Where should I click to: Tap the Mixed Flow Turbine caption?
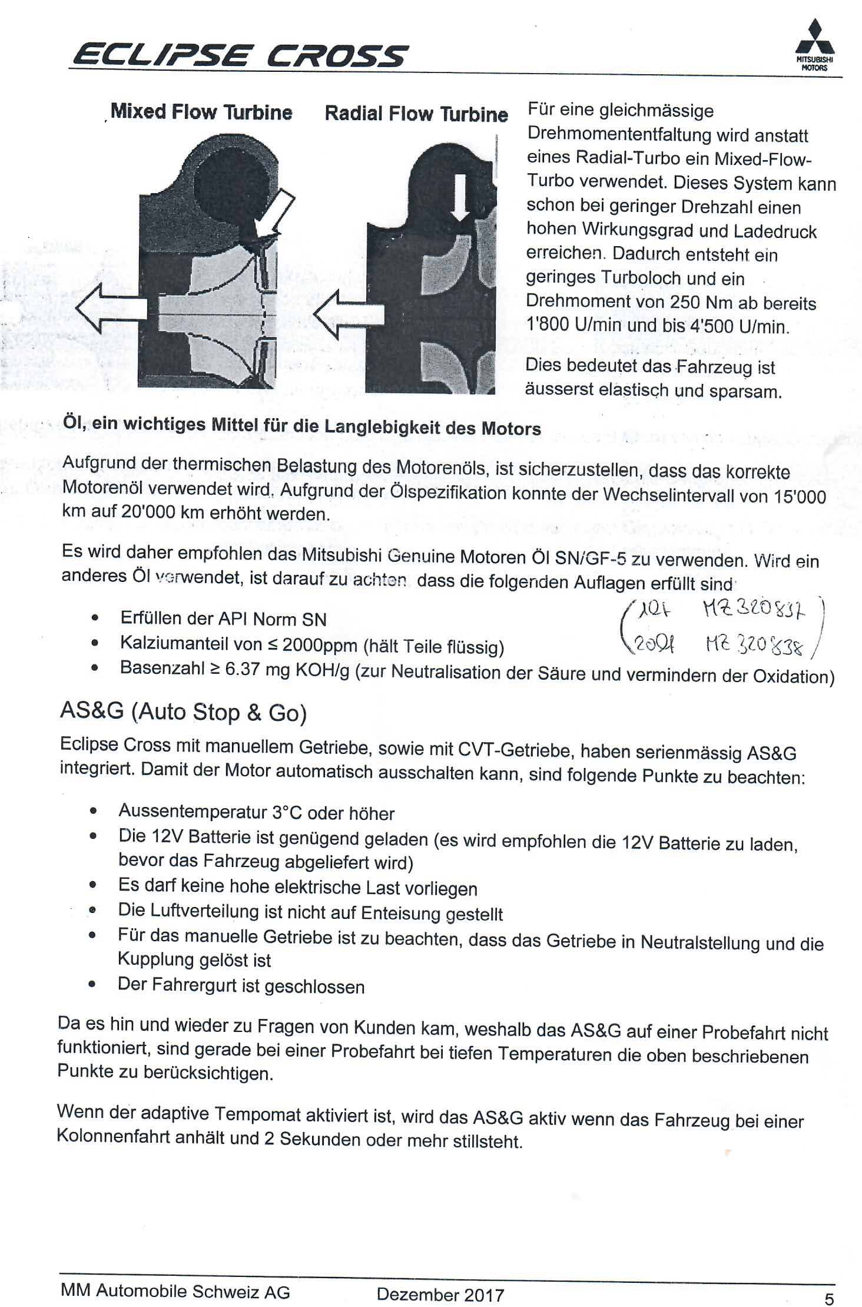pyautogui.click(x=201, y=112)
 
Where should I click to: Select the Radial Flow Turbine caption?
pyautogui.click(x=416, y=114)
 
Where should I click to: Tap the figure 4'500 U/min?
pyautogui.click(x=738, y=326)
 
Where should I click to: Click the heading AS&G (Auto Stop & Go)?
pyautogui.click(x=184, y=712)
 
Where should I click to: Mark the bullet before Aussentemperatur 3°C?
pyautogui.click(x=93, y=812)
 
